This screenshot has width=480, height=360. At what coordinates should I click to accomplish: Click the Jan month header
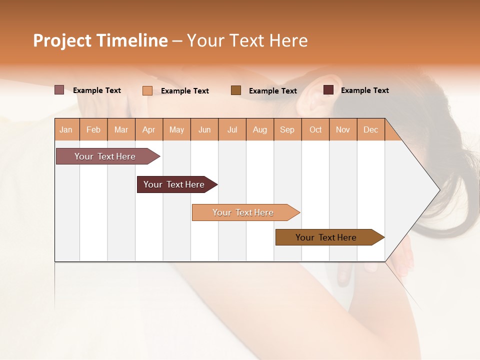tap(66, 129)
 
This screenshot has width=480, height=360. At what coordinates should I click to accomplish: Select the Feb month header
tap(93, 129)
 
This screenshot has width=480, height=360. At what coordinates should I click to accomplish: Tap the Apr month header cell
tap(149, 129)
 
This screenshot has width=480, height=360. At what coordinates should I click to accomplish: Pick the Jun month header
tap(204, 129)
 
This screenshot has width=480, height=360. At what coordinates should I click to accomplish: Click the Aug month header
tap(260, 129)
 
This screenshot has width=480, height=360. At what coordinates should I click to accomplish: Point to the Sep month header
tap(287, 129)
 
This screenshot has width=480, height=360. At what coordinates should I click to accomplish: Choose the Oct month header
tap(315, 129)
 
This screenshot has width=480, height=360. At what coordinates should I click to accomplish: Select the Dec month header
tap(371, 129)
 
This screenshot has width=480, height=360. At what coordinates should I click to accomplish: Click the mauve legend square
tap(59, 90)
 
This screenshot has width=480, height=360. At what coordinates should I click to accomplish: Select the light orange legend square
tap(147, 90)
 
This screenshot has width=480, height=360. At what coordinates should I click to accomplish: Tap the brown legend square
tap(236, 90)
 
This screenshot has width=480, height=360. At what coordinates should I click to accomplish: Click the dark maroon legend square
tap(328, 90)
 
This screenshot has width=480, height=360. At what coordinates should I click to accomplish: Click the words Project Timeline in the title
tap(100, 40)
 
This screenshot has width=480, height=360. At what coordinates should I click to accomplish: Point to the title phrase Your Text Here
tap(247, 40)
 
